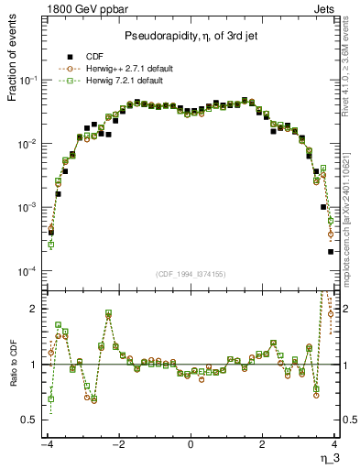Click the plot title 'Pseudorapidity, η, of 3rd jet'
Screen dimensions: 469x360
pyautogui.click(x=190, y=36)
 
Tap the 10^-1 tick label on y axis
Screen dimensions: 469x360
pyautogui.click(x=27, y=81)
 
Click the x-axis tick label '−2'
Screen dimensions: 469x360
pyautogui.click(x=116, y=444)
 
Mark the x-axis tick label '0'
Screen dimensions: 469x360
pyautogui.click(x=190, y=444)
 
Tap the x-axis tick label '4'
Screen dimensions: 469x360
pyautogui.click(x=333, y=444)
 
